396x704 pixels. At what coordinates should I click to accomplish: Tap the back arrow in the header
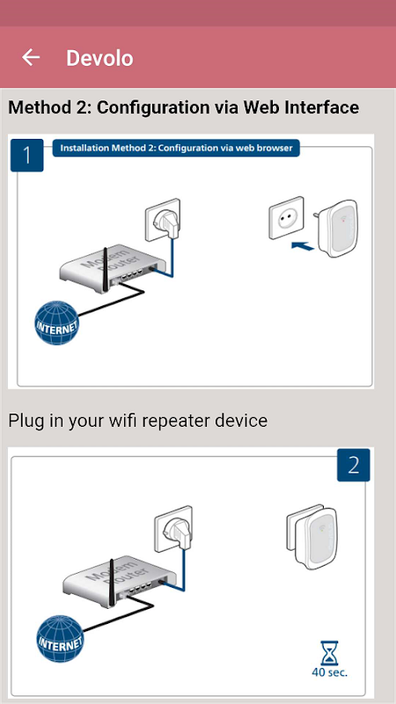(x=31, y=57)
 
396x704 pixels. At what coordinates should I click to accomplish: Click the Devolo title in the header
(x=99, y=58)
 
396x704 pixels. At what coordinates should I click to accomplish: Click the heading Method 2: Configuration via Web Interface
(x=184, y=107)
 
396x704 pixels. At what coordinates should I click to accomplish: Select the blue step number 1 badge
(x=27, y=156)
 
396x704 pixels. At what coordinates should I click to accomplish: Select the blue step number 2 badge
(x=354, y=466)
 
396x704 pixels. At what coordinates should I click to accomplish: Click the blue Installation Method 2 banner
(x=176, y=148)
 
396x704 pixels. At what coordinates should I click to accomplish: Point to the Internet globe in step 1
(x=57, y=323)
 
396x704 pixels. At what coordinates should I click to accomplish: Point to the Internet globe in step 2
(x=60, y=638)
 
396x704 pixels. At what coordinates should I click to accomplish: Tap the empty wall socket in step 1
(x=286, y=217)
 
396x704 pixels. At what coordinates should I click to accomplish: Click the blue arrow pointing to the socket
(x=303, y=246)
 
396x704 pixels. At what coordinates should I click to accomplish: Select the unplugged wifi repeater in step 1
(x=337, y=228)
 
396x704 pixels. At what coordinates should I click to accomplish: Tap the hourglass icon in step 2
(x=329, y=653)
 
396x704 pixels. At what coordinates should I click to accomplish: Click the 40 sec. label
(x=329, y=672)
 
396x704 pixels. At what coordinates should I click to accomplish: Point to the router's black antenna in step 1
(x=106, y=268)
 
